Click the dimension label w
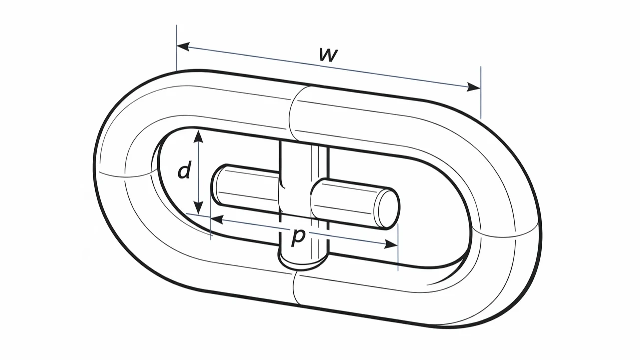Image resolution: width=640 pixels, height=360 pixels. pyautogui.click(x=328, y=55)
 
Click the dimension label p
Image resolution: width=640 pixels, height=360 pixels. pyautogui.click(x=298, y=237)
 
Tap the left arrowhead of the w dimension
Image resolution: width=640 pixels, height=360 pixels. pyautogui.click(x=183, y=46)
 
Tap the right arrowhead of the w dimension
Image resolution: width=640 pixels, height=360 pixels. pyautogui.click(x=473, y=87)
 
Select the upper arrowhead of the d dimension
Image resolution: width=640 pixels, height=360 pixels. pyautogui.click(x=198, y=136)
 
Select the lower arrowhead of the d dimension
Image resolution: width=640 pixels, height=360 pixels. pyautogui.click(x=198, y=207)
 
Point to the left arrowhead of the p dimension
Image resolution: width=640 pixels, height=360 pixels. pyautogui.click(x=217, y=220)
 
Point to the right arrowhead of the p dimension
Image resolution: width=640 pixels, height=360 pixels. pyautogui.click(x=391, y=244)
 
